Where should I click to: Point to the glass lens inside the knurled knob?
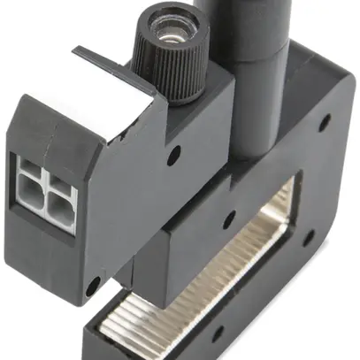pos(173,30)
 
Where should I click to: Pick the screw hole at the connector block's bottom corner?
pos(92,285)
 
